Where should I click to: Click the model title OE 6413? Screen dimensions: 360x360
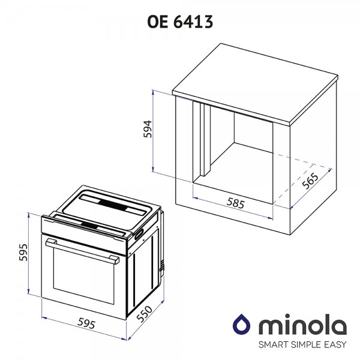180,22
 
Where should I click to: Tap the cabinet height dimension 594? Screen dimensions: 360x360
148,129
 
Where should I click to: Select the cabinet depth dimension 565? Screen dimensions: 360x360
310,181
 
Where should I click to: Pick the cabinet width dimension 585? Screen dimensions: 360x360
236,203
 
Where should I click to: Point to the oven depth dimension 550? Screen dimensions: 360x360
144,314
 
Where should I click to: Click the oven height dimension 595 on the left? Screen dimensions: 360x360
23,253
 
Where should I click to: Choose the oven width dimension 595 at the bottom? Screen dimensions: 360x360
86,323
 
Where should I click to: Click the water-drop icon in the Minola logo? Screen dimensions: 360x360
241,324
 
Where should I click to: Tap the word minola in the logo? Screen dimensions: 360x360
303,324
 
